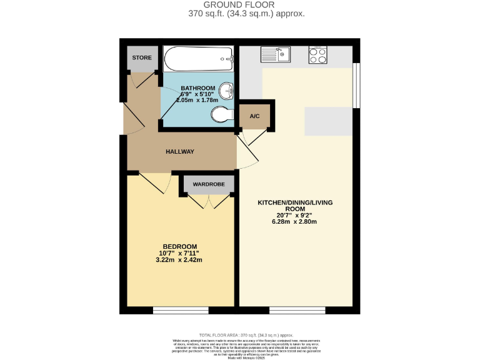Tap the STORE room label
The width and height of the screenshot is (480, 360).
tap(141, 58)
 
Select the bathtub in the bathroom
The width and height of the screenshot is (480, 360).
tap(197, 61)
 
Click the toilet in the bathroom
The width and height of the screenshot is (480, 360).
tap(221, 114)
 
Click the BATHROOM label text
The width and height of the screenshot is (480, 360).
tap(198, 88)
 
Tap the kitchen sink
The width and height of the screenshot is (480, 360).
tap(274, 56)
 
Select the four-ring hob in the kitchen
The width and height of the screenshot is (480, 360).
tap(317, 56)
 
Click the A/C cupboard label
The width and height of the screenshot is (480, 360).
tap(254, 117)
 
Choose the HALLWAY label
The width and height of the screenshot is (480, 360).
tap(180, 152)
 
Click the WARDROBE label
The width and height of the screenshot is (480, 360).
tap(209, 184)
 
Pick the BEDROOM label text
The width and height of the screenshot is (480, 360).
tap(180, 246)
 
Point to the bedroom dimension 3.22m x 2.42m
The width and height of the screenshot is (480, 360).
tap(180, 260)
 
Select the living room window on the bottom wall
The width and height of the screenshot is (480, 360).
tap(297, 309)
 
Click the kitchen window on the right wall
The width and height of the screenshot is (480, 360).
tap(356, 85)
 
